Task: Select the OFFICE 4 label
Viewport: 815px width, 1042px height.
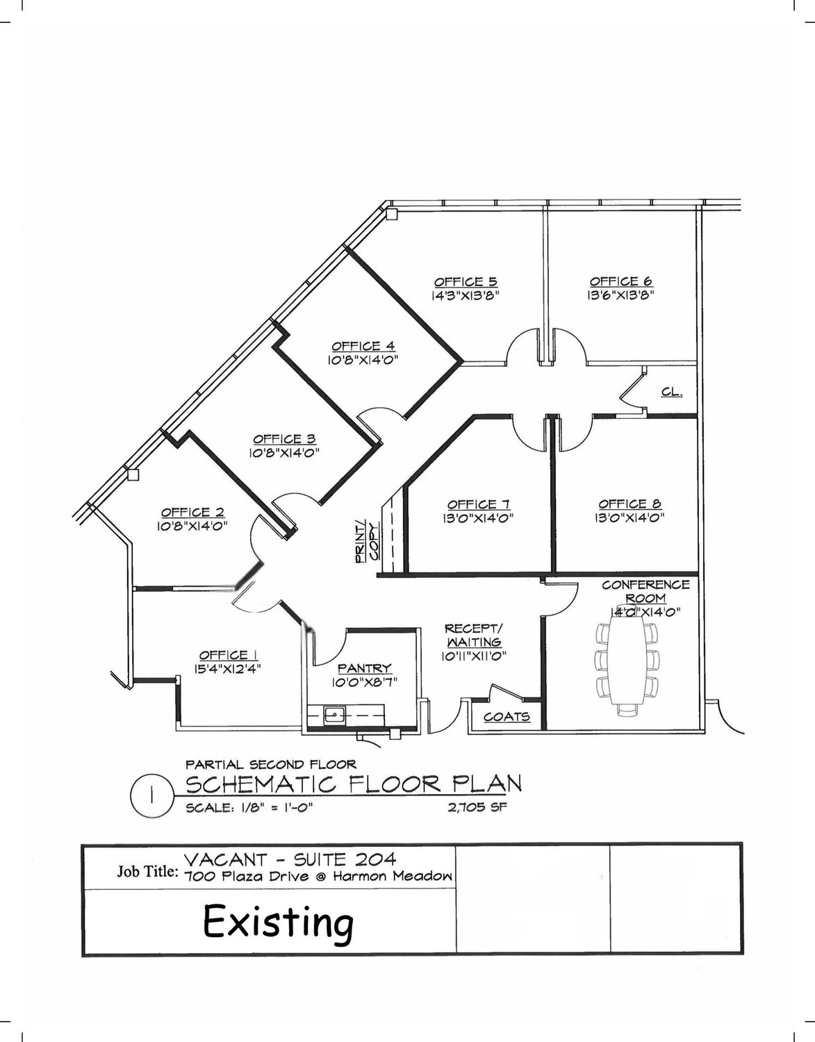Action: (x=363, y=346)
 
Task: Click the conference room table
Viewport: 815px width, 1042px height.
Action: (x=626, y=661)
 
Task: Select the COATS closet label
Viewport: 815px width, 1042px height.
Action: (x=507, y=716)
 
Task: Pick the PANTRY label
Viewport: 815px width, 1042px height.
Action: (x=364, y=668)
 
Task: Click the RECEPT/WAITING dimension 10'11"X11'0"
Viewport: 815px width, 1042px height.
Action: (x=474, y=656)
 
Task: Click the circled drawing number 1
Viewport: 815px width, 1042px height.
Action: (x=151, y=795)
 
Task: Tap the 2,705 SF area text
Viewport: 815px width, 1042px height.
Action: (x=477, y=807)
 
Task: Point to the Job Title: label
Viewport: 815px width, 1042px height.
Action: (x=148, y=872)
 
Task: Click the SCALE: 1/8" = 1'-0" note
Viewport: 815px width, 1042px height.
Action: (x=249, y=807)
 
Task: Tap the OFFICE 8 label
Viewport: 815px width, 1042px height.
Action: (x=630, y=504)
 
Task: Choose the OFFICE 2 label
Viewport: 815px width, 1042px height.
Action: (x=192, y=512)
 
